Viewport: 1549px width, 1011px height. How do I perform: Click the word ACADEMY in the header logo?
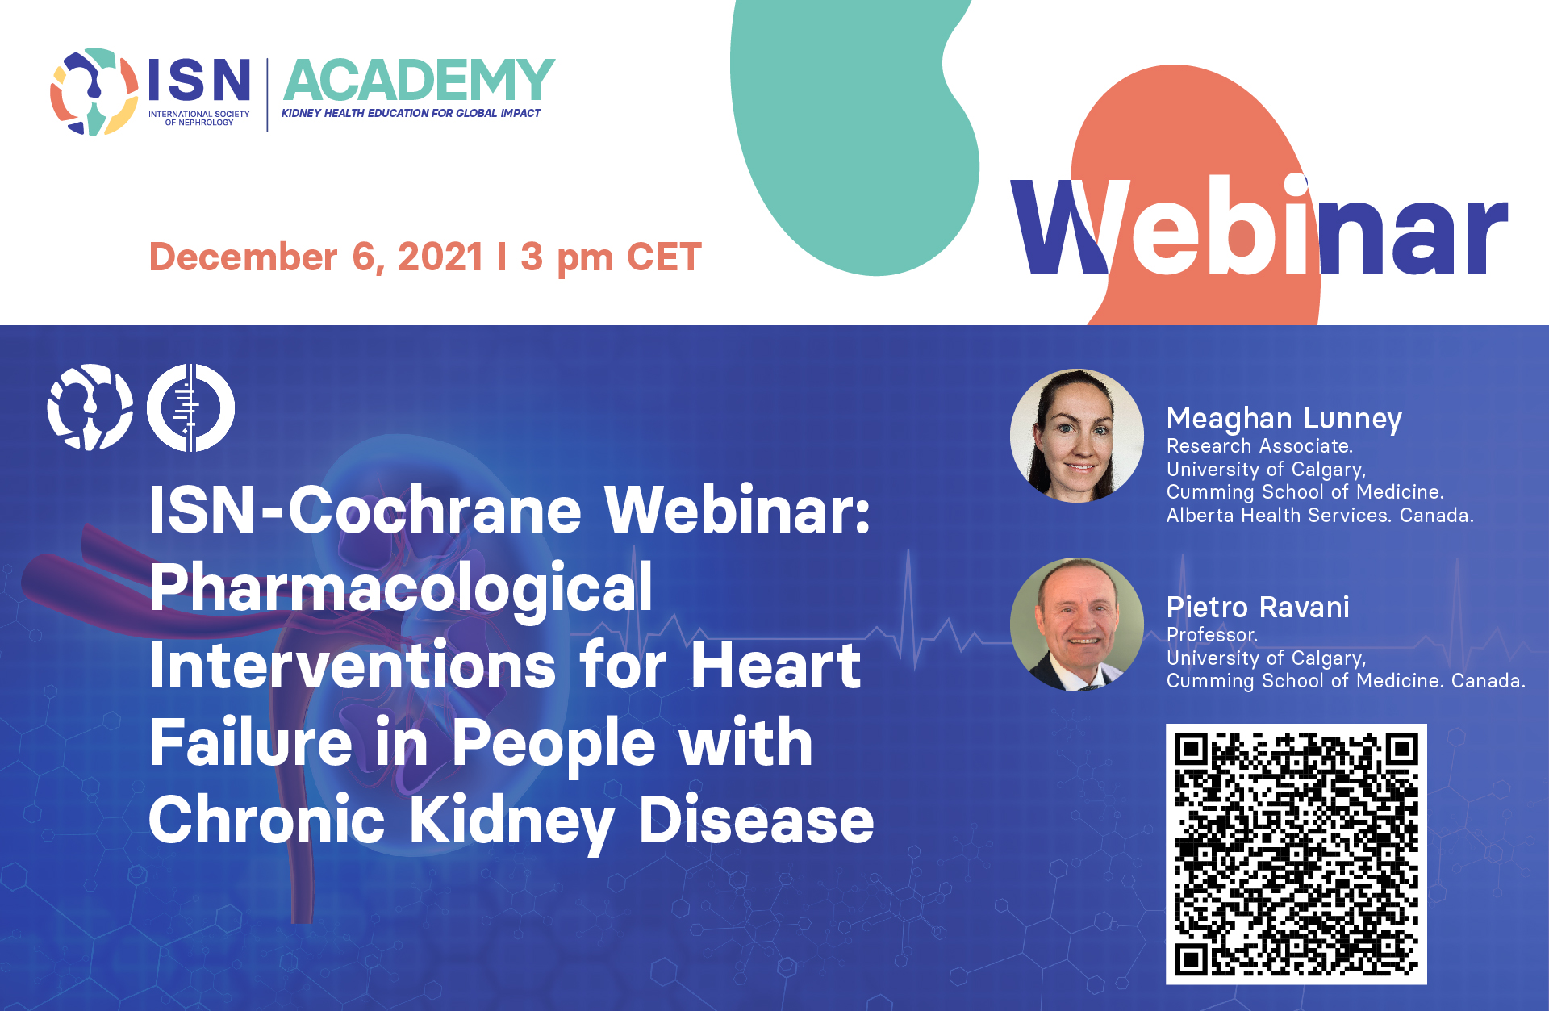point(419,81)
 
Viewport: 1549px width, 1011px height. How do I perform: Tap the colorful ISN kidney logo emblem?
point(94,91)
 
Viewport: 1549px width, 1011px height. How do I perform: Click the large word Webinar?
point(1259,226)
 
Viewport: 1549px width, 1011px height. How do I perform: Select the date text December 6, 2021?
point(316,257)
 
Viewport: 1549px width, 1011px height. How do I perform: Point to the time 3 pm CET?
point(611,258)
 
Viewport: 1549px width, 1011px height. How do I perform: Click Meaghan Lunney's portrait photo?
point(1077,436)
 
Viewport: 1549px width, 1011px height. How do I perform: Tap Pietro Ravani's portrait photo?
point(1077,625)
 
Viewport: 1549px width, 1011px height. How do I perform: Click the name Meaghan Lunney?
point(1284,420)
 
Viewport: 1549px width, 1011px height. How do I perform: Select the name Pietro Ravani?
point(1258,607)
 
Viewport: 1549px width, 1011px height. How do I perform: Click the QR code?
point(1296,854)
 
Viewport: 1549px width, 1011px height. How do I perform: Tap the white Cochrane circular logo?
point(190,407)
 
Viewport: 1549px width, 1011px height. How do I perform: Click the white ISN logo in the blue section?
point(90,407)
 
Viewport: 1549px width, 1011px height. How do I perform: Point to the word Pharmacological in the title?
point(401,590)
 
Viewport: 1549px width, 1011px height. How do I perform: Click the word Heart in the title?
point(776,666)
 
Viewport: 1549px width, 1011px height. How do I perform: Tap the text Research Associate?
point(1259,446)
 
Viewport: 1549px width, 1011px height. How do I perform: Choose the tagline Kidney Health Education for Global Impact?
point(411,113)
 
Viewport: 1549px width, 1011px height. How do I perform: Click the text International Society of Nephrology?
point(199,119)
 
